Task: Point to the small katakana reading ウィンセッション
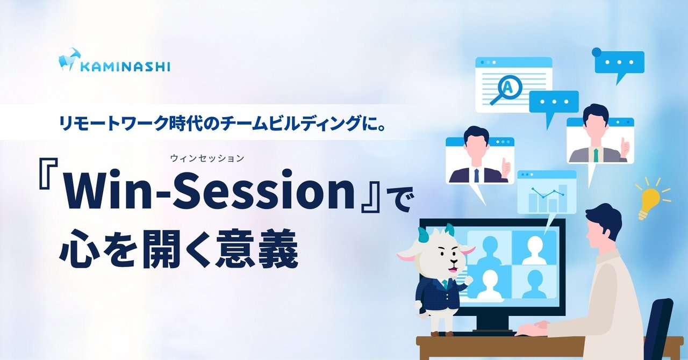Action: (x=207, y=159)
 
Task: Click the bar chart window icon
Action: (x=547, y=192)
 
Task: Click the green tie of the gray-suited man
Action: (x=596, y=155)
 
